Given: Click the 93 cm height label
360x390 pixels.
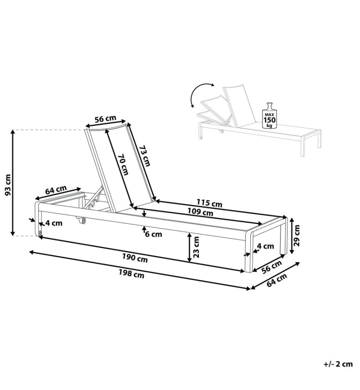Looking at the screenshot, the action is click(8, 185).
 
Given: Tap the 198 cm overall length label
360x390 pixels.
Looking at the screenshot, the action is click(131, 274).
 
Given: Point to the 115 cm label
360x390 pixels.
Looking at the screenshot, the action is click(209, 203).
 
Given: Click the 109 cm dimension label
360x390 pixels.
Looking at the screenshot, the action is click(200, 212).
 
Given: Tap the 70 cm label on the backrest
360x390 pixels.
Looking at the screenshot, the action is click(123, 165).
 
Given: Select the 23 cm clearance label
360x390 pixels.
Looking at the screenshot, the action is click(196, 247).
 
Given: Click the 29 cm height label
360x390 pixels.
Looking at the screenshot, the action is click(296, 235).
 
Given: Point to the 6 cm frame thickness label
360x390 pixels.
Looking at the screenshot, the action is click(154, 234).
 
